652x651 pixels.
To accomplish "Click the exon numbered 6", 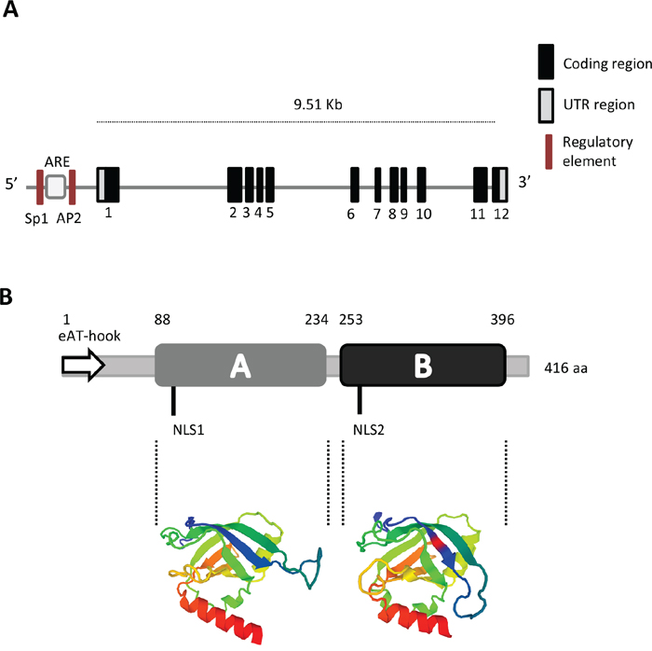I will [355, 184].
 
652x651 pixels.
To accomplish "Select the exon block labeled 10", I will [422, 184].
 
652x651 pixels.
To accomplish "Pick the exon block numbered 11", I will [481, 184].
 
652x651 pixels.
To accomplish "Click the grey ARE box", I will [56, 187].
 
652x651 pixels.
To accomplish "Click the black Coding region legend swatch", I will [547, 62].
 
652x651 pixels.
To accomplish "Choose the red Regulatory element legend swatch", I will [547, 152].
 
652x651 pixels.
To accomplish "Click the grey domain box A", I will [240, 365].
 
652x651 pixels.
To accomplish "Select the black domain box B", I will [423, 365].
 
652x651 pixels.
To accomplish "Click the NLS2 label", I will [370, 430].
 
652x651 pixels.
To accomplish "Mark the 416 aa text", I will [565, 367].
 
